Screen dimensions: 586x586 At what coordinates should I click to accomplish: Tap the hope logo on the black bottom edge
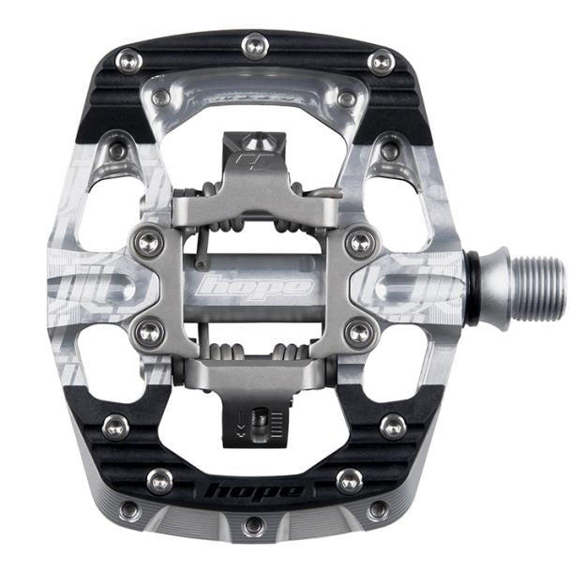pos(253,489)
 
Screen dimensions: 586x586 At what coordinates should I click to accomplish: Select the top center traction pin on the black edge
pos(252,43)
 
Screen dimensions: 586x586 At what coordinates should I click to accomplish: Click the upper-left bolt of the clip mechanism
pos(147,243)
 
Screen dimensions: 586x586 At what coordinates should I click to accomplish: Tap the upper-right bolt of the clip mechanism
pos(359,243)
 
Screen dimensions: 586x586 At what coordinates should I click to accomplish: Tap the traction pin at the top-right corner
pos(380,62)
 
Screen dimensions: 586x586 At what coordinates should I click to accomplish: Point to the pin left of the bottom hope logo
pos(158,481)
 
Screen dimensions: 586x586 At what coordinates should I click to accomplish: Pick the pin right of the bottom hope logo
pos(349,481)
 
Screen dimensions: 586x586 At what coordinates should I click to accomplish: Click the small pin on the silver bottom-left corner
pos(128,509)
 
